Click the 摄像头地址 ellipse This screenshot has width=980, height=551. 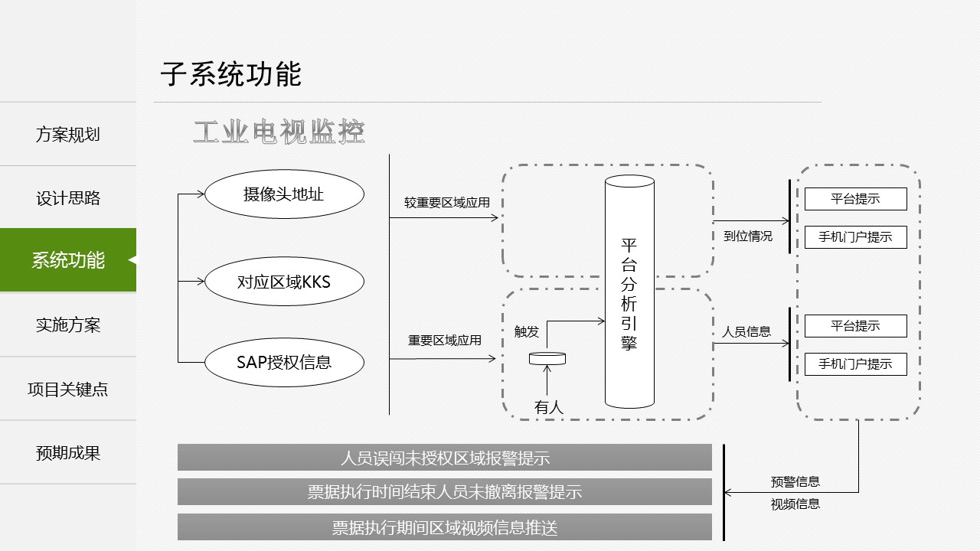click(283, 194)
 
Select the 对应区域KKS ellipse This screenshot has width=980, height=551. click(283, 282)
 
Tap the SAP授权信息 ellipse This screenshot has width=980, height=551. click(283, 361)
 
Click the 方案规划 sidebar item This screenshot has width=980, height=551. click(68, 135)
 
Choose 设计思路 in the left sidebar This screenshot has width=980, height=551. click(68, 198)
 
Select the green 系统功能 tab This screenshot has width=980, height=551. click(68, 260)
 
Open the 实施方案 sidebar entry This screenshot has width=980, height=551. click(68, 325)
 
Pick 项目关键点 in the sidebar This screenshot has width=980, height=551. click(68, 389)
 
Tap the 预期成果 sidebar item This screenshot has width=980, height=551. click(68, 453)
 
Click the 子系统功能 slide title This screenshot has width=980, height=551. click(231, 74)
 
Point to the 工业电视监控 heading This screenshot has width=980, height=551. click(279, 132)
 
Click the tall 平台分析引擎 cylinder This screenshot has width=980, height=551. click(629, 294)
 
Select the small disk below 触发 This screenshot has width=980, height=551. click(547, 358)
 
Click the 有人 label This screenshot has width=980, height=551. click(548, 408)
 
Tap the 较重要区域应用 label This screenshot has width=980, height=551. click(447, 203)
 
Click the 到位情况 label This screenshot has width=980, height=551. click(748, 236)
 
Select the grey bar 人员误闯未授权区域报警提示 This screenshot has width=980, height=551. click(445, 458)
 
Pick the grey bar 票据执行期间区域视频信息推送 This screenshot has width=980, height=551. click(445, 527)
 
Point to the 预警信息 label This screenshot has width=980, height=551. click(795, 481)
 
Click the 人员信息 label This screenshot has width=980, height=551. click(746, 331)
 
